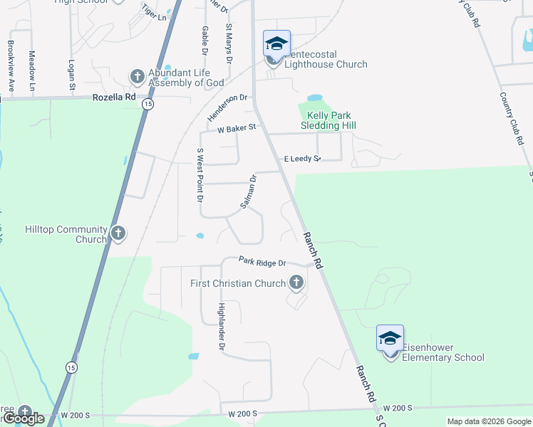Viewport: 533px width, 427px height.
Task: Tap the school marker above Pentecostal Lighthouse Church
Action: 276,43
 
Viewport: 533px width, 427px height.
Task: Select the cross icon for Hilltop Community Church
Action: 118,232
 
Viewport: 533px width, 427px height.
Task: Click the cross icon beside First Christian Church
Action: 296,283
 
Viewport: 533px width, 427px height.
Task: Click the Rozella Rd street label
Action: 114,98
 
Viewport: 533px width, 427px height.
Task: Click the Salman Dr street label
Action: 248,191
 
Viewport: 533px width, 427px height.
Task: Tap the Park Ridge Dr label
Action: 262,262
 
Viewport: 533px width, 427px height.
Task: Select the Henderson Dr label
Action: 227,107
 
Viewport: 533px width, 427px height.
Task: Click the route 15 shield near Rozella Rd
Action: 148,104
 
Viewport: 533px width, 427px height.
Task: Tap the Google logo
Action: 24,418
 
